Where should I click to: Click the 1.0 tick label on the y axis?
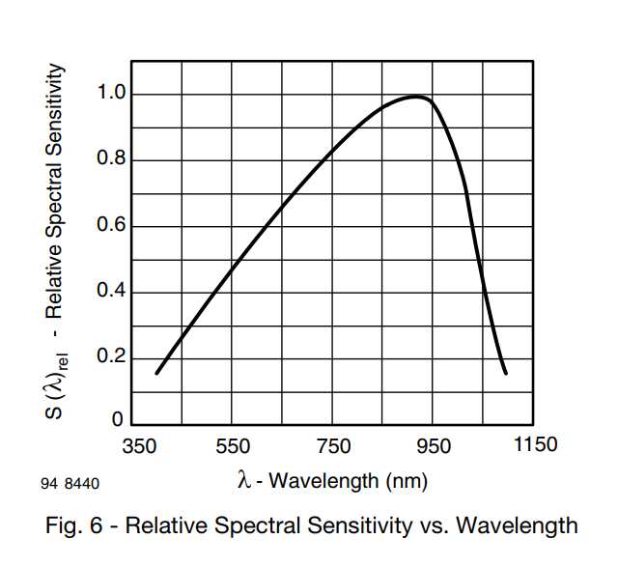click(x=111, y=94)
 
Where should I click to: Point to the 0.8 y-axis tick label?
click(x=111, y=160)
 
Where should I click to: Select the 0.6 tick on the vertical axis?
click(x=111, y=227)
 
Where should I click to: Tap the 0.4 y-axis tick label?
click(x=111, y=293)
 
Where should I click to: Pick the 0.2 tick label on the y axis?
click(x=111, y=359)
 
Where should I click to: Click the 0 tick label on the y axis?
click(x=119, y=421)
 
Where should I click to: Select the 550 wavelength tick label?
click(x=233, y=446)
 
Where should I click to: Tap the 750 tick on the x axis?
click(x=333, y=446)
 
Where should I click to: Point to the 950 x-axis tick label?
click(x=434, y=446)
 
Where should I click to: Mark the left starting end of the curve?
click(x=156, y=373)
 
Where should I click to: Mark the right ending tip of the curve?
click(x=505, y=373)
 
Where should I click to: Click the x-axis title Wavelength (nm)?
click(x=344, y=480)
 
